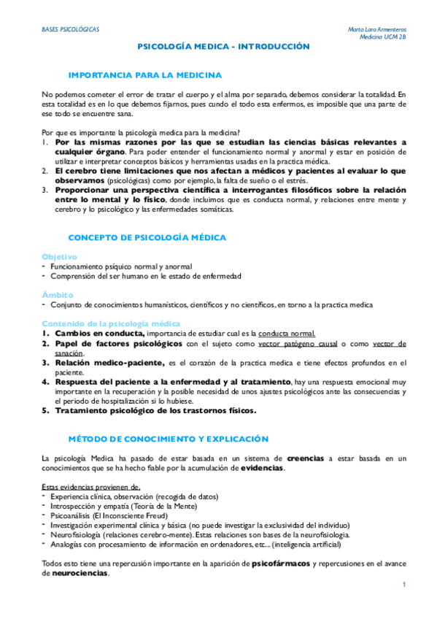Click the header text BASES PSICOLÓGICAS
point(70,28)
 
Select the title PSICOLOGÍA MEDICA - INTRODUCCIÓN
point(224,47)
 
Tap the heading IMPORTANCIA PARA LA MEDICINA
point(144,75)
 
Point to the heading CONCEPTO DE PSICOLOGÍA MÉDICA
point(147,238)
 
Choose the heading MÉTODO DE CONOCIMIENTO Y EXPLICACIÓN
point(169,439)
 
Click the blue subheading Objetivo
point(59,257)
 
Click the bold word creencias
point(306,458)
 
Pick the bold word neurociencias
point(80,574)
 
